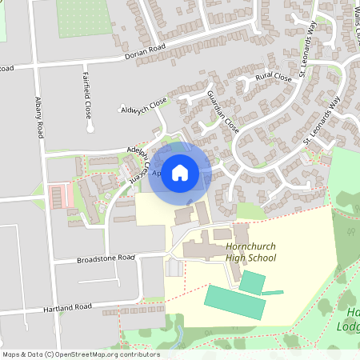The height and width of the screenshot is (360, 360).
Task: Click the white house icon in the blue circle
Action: (x=180, y=172)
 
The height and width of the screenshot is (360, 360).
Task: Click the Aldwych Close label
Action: (x=143, y=105)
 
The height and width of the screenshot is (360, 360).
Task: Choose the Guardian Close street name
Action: (x=222, y=111)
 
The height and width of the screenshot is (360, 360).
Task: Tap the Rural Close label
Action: (x=273, y=78)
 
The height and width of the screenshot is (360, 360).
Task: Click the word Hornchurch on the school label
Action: (x=251, y=246)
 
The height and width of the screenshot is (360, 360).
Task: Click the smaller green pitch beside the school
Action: (x=252, y=282)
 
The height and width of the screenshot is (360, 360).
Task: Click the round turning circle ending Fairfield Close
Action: (x=90, y=127)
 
